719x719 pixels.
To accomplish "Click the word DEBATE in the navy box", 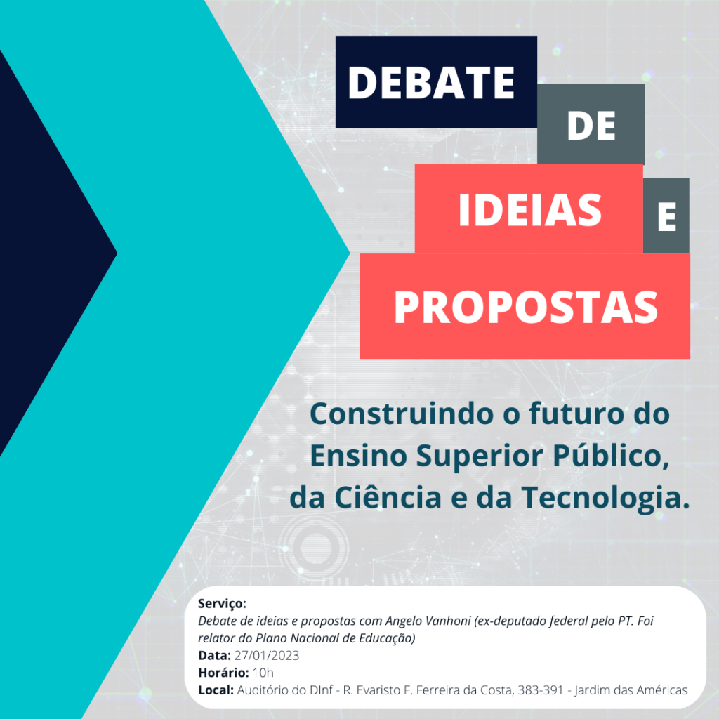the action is click(431, 83).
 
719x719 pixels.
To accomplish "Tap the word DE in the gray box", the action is click(591, 126).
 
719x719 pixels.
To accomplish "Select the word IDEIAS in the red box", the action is click(529, 210).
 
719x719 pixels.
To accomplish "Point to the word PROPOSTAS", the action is click(526, 308).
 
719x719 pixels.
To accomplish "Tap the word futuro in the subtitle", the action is click(577, 414).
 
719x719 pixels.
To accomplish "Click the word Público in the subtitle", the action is click(611, 455).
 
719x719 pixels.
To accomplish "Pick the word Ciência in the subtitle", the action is click(388, 497).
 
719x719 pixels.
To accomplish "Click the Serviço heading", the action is click(222, 604).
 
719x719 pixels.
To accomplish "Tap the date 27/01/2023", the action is click(267, 656).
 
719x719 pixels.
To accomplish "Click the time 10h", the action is click(263, 673).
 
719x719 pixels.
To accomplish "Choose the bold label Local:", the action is click(216, 690).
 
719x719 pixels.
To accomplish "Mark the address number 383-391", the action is click(541, 690).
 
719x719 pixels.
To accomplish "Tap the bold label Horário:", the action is click(223, 673).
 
